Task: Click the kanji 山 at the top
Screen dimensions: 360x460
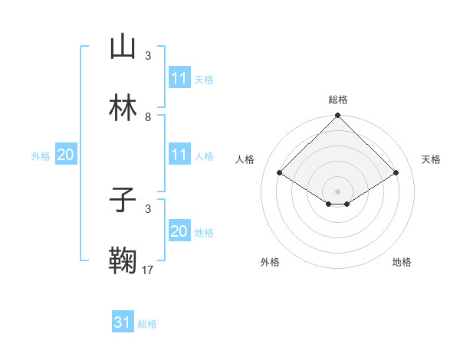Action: pos(123,47)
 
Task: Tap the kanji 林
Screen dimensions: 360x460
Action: pos(123,109)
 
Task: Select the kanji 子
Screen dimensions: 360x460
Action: pos(123,200)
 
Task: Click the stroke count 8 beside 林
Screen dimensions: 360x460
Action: pos(147,117)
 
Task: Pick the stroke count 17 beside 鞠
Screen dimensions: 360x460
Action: pos(148,270)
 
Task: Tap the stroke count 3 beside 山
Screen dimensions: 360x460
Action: pos(147,56)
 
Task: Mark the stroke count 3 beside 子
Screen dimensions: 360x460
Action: pos(147,208)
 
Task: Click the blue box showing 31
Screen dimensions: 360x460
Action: pos(123,322)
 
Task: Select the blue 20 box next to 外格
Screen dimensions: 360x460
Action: pos(66,155)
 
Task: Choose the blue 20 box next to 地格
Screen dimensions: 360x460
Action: pos(179,231)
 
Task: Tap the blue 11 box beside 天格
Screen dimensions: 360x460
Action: pos(179,78)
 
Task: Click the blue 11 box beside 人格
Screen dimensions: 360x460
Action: pos(179,155)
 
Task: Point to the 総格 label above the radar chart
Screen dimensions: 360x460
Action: pos(338,100)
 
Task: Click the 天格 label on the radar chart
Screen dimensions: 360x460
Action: pos(432,159)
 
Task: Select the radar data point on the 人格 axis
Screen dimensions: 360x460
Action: pos(280,172)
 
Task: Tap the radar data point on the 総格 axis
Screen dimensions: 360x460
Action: pos(338,116)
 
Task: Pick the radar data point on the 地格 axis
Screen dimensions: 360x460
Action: pos(347,204)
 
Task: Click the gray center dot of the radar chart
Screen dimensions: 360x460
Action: pos(338,191)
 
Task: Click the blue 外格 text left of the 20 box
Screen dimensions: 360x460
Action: pos(41,155)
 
